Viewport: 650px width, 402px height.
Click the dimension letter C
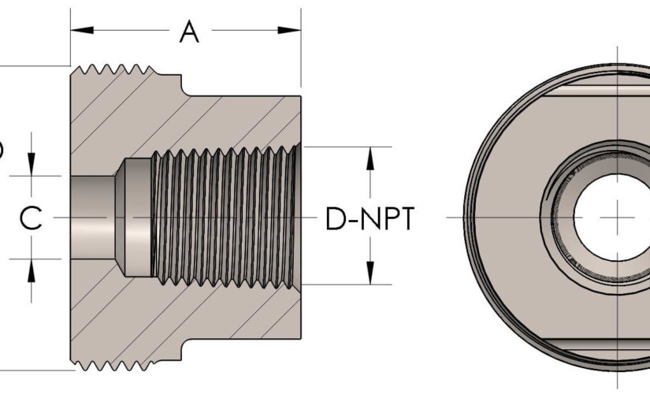pyautogui.click(x=31, y=218)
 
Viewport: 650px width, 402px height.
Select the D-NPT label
pyautogui.click(x=370, y=218)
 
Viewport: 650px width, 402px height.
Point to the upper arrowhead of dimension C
pyautogui.click(x=31, y=165)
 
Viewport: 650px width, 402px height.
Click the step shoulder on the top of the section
pyautogui.click(x=183, y=82)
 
